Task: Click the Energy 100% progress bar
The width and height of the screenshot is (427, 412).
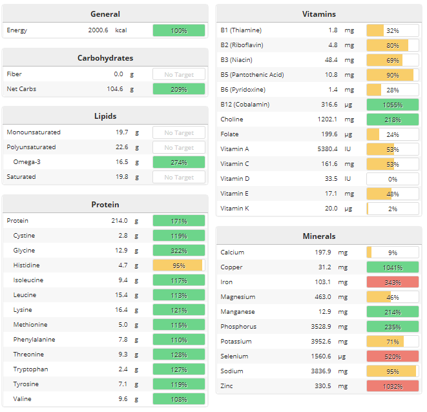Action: pyautogui.click(x=179, y=30)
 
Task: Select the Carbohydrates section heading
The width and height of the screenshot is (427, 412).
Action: pyautogui.click(x=105, y=58)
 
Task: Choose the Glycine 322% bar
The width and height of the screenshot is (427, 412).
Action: pyautogui.click(x=179, y=251)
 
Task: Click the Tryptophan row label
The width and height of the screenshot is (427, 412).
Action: pyautogui.click(x=30, y=369)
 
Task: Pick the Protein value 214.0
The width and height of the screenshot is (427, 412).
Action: pyautogui.click(x=119, y=221)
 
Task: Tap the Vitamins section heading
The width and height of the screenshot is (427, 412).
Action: pyautogui.click(x=318, y=14)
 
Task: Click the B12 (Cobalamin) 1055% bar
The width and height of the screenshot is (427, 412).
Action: pyautogui.click(x=392, y=105)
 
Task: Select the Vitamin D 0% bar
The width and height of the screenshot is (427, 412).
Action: pyautogui.click(x=392, y=179)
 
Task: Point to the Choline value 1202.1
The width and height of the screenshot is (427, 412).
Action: pyautogui.click(x=324, y=119)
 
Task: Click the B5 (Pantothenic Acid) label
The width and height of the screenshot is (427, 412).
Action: pyautogui.click(x=252, y=75)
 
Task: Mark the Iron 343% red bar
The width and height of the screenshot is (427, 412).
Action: pyautogui.click(x=392, y=282)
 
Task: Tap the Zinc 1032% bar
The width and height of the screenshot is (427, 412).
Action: pyautogui.click(x=392, y=386)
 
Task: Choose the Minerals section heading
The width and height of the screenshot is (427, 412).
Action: pyautogui.click(x=318, y=236)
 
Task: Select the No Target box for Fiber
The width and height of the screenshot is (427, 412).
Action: pyautogui.click(x=179, y=74)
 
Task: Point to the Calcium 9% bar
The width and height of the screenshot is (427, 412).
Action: pyautogui.click(x=392, y=252)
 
